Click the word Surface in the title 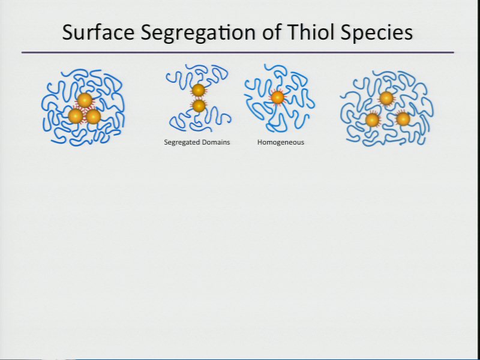(x=98, y=32)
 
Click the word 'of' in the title (x=271, y=32)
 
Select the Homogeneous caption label (x=281, y=142)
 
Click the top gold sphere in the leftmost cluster (x=85, y=100)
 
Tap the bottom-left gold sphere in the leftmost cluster (x=76, y=116)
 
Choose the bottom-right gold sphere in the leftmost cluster (x=94, y=116)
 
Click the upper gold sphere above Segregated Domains (x=199, y=91)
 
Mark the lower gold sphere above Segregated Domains (x=199, y=106)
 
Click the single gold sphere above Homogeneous (x=278, y=98)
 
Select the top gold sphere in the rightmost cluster (x=386, y=98)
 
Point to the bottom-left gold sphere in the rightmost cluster (x=373, y=120)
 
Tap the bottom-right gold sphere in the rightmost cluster (x=403, y=119)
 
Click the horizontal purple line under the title (x=238, y=53)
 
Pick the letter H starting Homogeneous (x=260, y=142)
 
